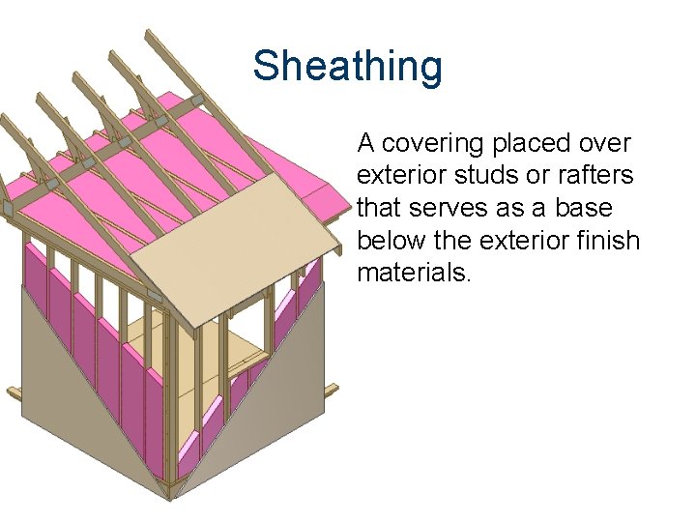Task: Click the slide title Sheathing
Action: (347, 67)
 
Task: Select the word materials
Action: (414, 272)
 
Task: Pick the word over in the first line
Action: (606, 144)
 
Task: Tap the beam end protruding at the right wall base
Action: (332, 390)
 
